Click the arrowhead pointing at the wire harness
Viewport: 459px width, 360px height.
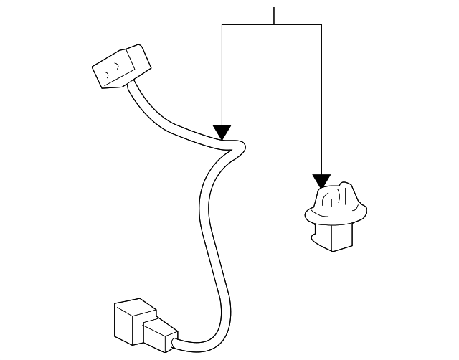coord(222,132)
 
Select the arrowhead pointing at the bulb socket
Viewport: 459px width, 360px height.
coord(322,181)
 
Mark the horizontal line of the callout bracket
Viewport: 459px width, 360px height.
coord(273,24)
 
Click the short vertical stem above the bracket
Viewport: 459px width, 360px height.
coord(273,15)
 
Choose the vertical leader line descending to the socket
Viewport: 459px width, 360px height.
coord(322,100)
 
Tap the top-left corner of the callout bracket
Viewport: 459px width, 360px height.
coord(222,24)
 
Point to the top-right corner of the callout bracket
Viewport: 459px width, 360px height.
coord(322,24)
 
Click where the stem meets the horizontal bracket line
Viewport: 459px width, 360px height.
coord(273,24)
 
